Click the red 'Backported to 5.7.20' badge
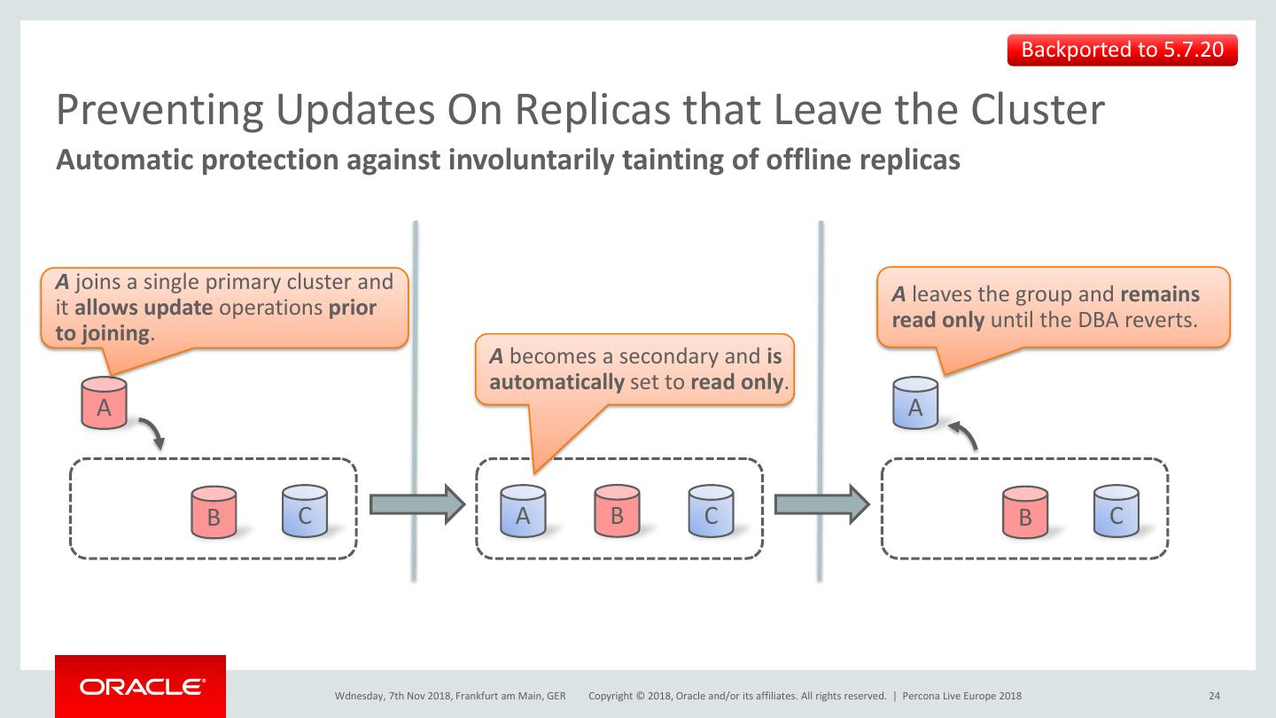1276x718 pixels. [1122, 50]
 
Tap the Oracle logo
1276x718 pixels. [140, 686]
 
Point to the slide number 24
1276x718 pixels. [1214, 696]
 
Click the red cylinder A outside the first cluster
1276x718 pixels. [104, 403]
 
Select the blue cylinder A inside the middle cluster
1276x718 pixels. [523, 511]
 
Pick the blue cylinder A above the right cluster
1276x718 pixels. [915, 403]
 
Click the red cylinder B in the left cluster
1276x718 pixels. [214, 511]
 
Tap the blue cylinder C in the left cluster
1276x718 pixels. [305, 511]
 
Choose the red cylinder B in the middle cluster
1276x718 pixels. [617, 511]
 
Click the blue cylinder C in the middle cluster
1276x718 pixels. [711, 511]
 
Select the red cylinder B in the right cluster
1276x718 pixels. [1025, 511]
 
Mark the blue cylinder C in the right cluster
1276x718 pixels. [1116, 511]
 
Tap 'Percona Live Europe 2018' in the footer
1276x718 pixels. [961, 696]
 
